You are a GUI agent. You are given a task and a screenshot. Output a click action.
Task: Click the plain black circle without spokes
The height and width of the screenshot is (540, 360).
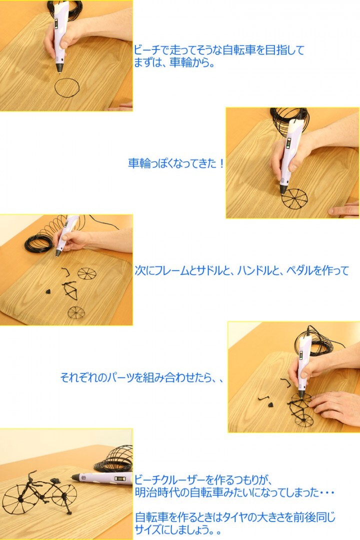tap(66, 87)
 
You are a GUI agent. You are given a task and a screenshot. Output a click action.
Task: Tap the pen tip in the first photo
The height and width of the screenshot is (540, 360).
tap(59, 70)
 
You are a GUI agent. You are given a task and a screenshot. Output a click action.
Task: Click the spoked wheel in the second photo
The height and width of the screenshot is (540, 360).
tap(294, 198)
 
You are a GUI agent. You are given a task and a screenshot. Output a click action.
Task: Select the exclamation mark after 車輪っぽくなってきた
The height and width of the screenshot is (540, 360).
tap(221, 164)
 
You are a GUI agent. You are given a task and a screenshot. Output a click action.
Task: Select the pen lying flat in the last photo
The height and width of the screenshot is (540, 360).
tap(102, 478)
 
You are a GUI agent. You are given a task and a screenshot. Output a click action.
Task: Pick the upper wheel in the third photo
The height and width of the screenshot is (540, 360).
tap(86, 273)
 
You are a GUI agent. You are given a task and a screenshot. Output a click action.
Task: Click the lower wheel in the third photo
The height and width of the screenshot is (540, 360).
tap(76, 313)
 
